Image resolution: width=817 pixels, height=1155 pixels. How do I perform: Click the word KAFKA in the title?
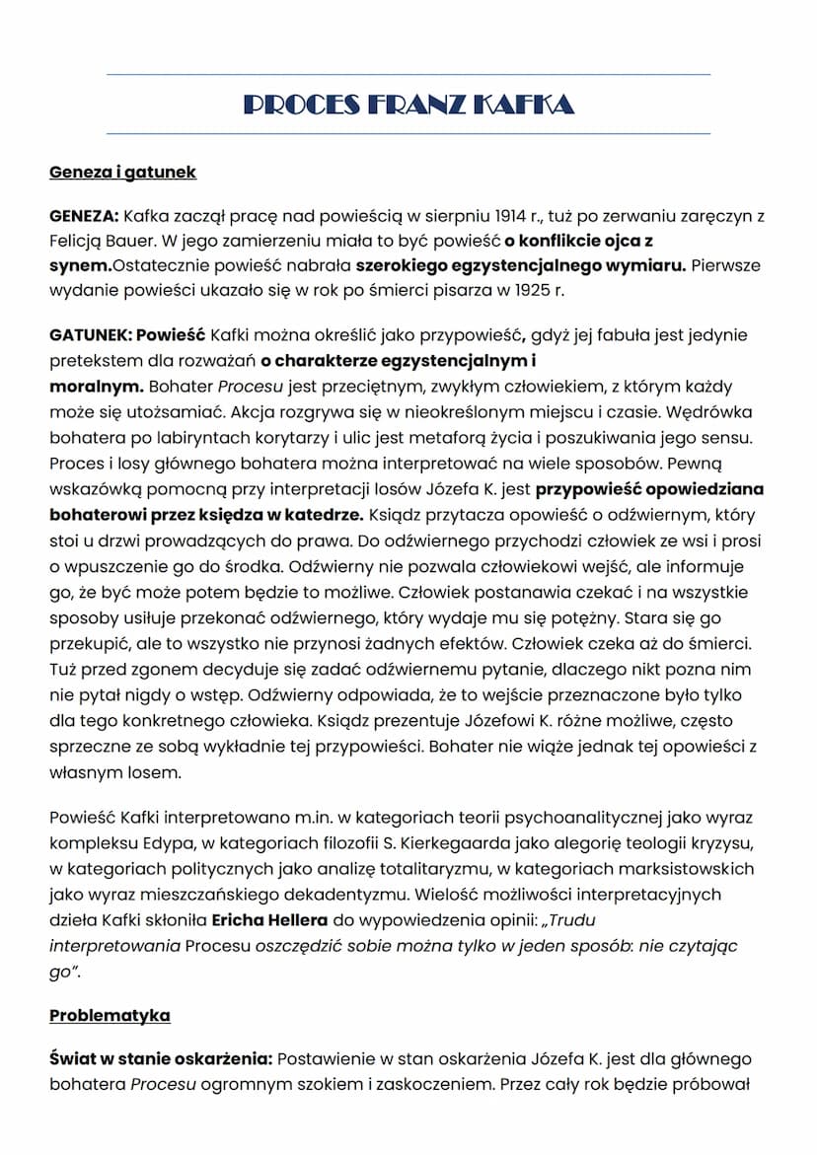(523, 105)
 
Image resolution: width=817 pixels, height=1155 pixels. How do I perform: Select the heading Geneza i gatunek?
(122, 173)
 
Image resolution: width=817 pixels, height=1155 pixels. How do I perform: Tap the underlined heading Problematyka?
(110, 1015)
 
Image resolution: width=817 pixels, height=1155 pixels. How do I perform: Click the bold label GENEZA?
(84, 216)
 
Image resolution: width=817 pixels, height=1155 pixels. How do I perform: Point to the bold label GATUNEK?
(89, 335)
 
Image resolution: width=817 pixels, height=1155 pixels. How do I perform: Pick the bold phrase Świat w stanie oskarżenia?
(161, 1058)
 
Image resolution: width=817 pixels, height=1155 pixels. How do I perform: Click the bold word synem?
(78, 266)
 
